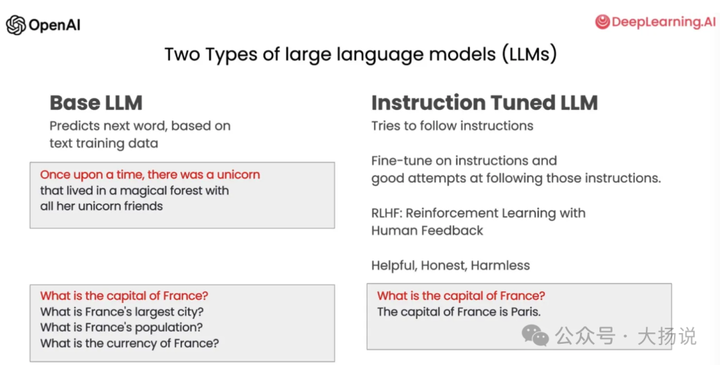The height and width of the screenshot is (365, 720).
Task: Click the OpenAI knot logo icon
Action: (x=15, y=25)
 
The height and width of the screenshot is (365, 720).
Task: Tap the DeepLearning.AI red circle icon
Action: (x=603, y=21)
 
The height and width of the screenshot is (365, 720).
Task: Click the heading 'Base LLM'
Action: (x=96, y=103)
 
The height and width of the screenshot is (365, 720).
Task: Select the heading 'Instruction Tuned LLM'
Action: (x=485, y=103)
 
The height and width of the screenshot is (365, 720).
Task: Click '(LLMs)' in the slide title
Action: (x=529, y=54)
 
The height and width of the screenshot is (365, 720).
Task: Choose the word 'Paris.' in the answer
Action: (x=526, y=312)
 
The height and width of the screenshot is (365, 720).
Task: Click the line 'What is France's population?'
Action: (x=122, y=328)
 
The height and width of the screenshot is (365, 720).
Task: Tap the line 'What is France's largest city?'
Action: (x=122, y=312)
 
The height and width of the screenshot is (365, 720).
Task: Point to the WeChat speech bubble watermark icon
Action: (x=535, y=335)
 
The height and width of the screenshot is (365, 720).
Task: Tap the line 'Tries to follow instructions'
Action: (x=452, y=126)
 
